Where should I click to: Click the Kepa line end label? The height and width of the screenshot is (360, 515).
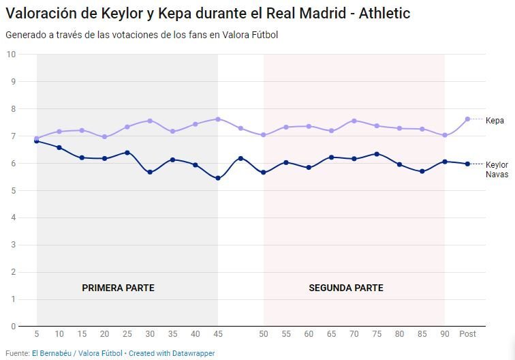[x=495, y=120]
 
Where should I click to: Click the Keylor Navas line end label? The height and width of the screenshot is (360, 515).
[x=497, y=169]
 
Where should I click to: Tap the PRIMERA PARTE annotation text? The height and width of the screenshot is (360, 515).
[x=118, y=288]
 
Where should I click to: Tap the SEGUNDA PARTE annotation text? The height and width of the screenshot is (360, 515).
[x=346, y=288]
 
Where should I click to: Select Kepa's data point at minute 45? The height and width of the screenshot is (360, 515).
[x=218, y=119]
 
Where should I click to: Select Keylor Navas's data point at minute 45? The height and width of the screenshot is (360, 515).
[x=218, y=179]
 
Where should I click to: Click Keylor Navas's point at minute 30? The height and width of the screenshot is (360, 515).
[x=150, y=172]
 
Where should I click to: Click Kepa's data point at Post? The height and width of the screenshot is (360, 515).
[x=467, y=119]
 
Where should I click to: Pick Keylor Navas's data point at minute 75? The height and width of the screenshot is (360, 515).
[x=377, y=154]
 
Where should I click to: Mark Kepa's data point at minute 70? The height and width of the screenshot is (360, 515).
[x=354, y=121]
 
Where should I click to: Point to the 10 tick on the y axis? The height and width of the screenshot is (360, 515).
[x=11, y=55]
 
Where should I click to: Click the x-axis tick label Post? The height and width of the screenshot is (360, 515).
[x=467, y=334]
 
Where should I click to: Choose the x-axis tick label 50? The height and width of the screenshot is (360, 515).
[x=264, y=334]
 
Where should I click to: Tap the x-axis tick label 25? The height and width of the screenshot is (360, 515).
[x=127, y=334]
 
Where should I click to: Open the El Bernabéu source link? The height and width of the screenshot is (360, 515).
[x=54, y=353]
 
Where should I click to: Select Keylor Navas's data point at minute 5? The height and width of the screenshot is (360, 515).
[x=37, y=141]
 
